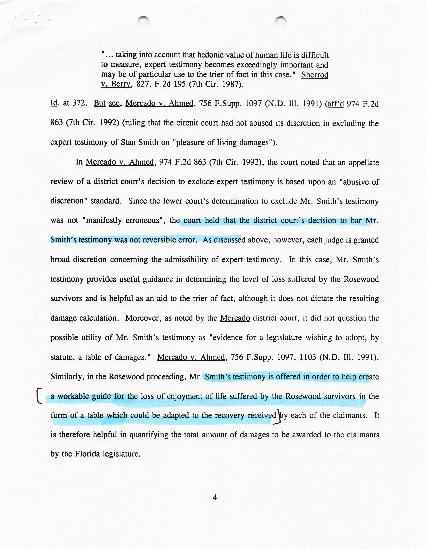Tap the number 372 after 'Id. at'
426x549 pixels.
coord(79,103)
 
